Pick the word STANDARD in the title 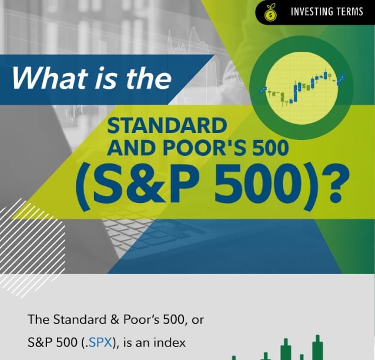pyautogui.click(x=167, y=125)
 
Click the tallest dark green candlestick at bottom pyautogui.click(x=318, y=348)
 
